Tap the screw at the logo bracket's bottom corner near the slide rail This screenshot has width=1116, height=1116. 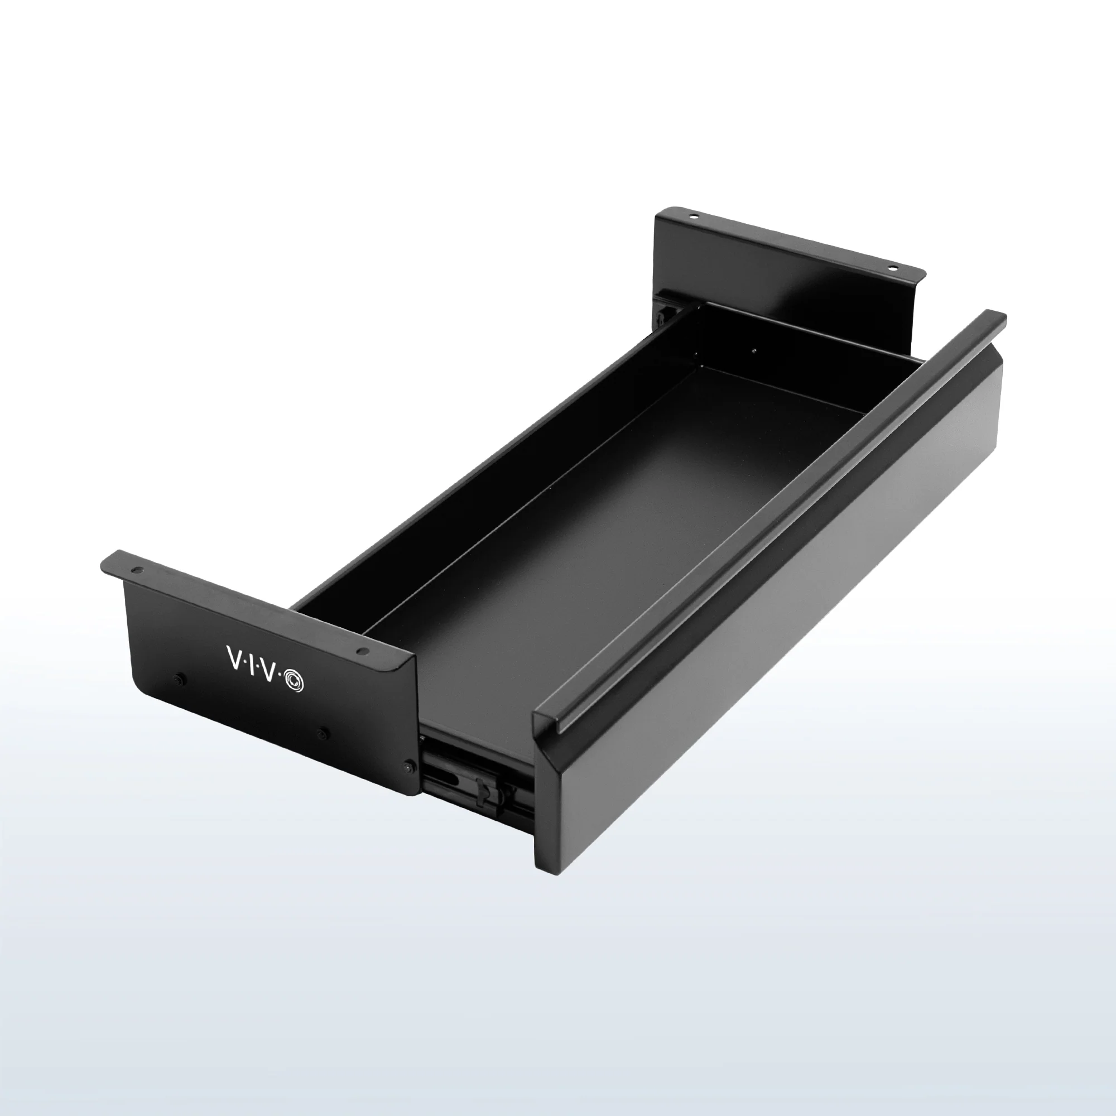[409, 767]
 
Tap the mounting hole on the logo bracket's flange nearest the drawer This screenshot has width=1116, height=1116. [362, 651]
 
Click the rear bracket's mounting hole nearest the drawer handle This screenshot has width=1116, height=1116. [893, 268]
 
